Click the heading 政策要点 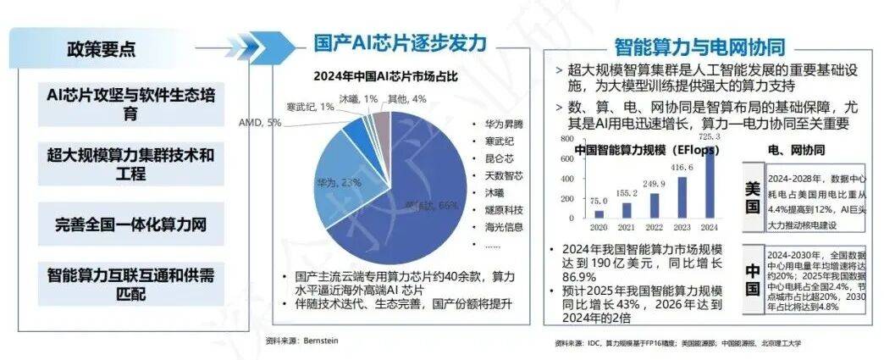click(x=101, y=49)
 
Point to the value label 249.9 click(x=654, y=184)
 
